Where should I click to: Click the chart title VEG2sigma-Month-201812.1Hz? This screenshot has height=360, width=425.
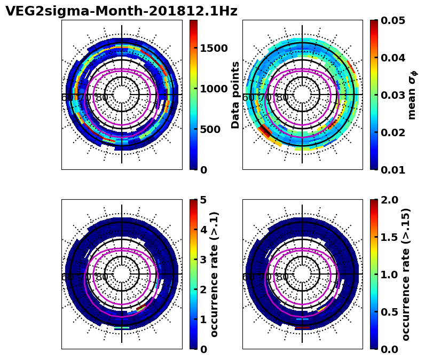pos(121,11)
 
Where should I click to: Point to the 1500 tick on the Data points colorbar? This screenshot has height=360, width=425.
pos(214,48)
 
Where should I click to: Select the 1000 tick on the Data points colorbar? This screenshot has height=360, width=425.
pos(214,89)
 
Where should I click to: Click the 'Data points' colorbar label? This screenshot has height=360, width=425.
pos(235,95)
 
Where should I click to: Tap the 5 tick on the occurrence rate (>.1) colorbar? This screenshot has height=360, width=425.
pos(203,200)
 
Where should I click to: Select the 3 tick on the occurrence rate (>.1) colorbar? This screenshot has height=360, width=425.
pos(203,260)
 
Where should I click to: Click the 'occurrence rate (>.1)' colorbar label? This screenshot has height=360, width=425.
pos(215,274)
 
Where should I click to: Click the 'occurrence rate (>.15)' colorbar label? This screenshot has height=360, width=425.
pos(406,274)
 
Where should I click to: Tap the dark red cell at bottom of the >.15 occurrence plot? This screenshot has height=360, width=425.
pos(302,327)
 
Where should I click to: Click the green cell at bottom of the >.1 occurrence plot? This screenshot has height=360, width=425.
pos(122,327)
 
